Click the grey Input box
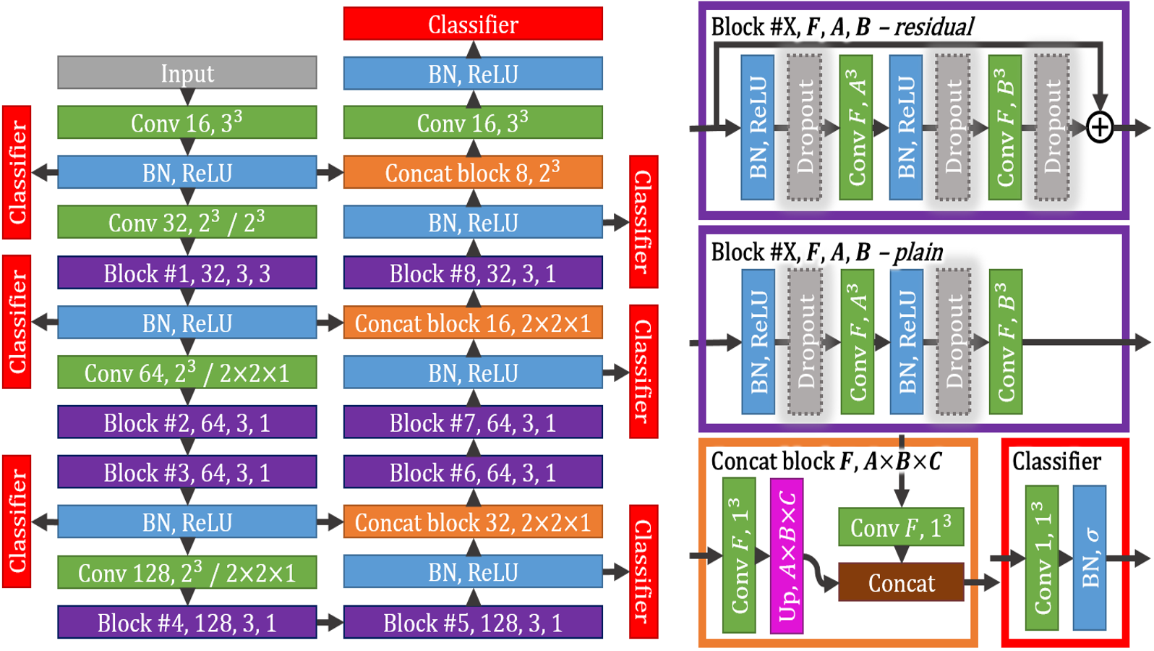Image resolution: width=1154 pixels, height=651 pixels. [x=187, y=72]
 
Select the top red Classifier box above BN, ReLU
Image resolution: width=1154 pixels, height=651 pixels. [x=473, y=23]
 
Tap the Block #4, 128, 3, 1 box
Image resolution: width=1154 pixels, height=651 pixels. [x=187, y=622]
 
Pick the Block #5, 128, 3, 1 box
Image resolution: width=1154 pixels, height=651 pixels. [x=473, y=622]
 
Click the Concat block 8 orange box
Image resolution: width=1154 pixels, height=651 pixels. [x=473, y=172]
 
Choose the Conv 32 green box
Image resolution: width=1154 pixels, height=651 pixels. [x=187, y=222]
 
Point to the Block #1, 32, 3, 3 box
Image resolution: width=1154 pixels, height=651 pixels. [x=187, y=273]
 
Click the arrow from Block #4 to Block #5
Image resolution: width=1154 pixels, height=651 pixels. [x=330, y=622]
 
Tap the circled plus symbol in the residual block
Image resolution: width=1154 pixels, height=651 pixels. [x=1099, y=127]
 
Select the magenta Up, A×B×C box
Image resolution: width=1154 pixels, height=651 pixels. [x=787, y=556]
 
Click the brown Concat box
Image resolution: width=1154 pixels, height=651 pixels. [x=901, y=582]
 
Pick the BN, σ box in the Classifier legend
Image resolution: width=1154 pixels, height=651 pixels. [x=1090, y=558]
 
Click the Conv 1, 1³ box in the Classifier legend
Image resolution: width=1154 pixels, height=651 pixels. [x=1042, y=558]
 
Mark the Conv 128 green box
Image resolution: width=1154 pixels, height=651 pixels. [x=187, y=572]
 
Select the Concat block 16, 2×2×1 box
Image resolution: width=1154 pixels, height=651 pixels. [x=473, y=322]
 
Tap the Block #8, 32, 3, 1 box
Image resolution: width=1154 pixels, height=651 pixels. [x=473, y=273]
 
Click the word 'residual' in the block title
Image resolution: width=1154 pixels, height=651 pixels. [x=933, y=27]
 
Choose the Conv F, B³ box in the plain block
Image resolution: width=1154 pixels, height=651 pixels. [x=1006, y=341]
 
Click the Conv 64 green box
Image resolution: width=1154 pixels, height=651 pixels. [x=187, y=372]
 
